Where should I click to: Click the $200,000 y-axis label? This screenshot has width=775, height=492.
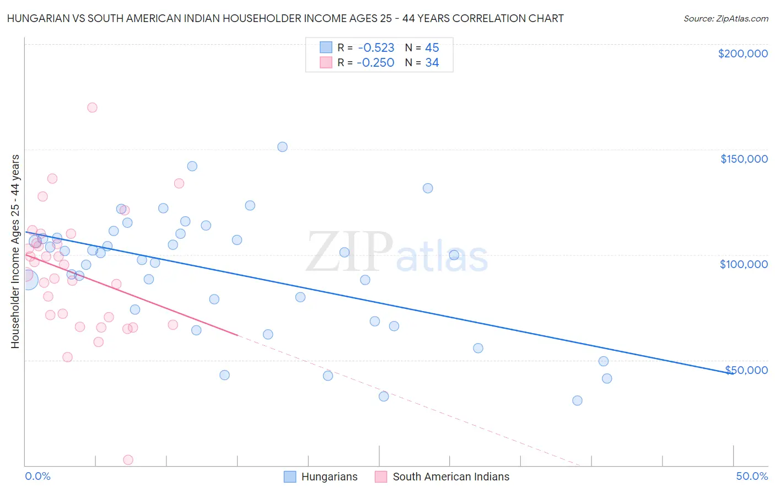[742, 54]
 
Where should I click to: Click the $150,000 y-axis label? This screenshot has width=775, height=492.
[744, 159]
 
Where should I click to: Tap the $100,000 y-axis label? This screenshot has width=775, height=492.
[744, 264]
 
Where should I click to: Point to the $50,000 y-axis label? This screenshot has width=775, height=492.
[746, 370]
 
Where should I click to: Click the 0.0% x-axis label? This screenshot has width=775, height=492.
[37, 476]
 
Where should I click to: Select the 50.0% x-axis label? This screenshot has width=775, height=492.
[752, 476]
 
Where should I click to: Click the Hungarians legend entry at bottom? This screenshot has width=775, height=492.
[329, 477]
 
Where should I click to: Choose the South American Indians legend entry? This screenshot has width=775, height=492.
[451, 477]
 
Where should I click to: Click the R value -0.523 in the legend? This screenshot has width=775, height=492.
[376, 48]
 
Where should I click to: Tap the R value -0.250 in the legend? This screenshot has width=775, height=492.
[375, 63]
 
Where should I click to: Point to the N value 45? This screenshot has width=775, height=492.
[432, 48]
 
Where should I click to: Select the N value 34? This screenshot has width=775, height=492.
[432, 63]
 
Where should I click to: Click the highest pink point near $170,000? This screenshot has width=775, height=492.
[92, 108]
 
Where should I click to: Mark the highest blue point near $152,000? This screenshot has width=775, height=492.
[282, 147]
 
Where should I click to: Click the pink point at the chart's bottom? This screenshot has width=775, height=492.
[128, 459]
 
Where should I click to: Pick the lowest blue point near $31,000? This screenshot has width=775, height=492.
[577, 400]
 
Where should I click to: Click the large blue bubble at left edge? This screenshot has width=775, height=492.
[28, 280]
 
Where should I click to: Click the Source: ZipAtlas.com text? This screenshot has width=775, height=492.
[725, 19]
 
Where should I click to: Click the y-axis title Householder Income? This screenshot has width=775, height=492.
[15, 252]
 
